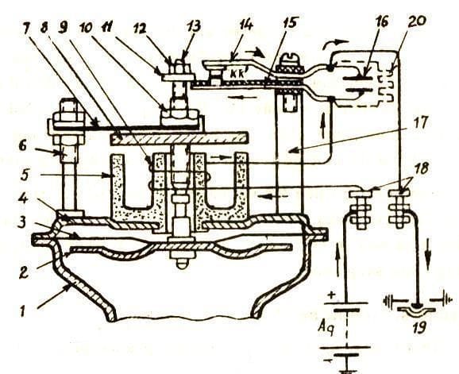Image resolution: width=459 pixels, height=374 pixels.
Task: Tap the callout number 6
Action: point(23,145)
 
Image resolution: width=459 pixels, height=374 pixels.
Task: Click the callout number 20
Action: point(417,22)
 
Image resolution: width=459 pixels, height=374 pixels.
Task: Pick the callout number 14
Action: point(245,25)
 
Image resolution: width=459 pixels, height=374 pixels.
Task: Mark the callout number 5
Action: point(25,176)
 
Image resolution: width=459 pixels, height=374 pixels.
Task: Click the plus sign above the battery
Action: point(331,295)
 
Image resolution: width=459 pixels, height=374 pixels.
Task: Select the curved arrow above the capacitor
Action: point(334,44)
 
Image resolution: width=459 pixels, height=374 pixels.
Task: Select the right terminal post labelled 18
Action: point(399,208)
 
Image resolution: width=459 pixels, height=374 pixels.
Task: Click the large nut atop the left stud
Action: point(68,110)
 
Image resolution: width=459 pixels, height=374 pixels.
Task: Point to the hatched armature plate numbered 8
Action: point(179,138)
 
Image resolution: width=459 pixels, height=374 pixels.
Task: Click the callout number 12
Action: point(141,29)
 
